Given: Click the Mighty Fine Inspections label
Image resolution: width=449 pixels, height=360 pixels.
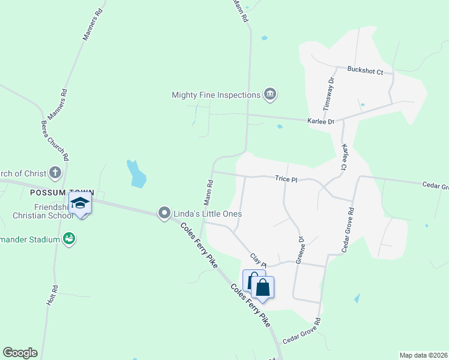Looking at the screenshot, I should tap(215, 95).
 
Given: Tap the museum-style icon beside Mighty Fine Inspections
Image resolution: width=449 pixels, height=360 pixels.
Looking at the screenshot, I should tap(270, 94).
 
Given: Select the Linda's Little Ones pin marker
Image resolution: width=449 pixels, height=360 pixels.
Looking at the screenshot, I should tap(164, 213).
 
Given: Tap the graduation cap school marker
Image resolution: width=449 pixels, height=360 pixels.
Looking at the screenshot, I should tap(80, 203).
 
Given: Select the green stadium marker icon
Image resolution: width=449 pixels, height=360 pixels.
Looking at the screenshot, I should tap(69, 239).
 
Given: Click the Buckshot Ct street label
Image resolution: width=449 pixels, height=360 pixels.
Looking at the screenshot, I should tap(365, 70).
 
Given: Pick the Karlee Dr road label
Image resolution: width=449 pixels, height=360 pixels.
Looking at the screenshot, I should tap(321, 121).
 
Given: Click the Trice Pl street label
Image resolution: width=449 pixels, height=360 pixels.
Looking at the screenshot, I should tap(286, 179).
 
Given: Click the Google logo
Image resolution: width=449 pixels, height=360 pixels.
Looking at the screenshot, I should tap(20, 353).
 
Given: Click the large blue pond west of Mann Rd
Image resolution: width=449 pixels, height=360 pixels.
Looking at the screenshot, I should tap(136, 174).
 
